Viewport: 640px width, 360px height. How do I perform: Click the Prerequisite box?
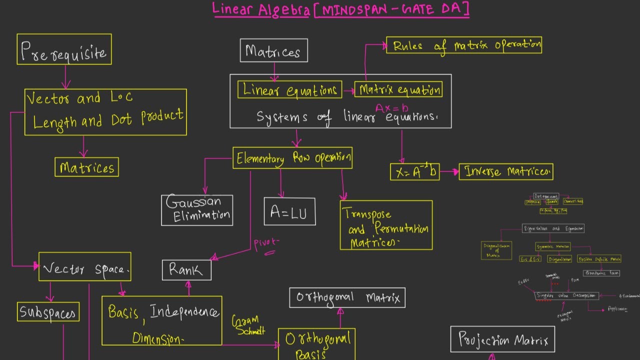64,49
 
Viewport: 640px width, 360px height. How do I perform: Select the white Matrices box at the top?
273,50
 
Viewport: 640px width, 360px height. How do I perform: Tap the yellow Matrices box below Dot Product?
86,167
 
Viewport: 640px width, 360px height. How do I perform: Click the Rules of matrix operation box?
464,45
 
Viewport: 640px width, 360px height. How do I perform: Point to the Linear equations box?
290,90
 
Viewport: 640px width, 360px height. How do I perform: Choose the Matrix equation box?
398,90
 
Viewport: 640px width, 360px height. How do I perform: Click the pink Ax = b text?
391,107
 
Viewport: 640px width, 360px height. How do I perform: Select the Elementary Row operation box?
292,158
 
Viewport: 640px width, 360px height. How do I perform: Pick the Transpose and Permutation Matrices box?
386,225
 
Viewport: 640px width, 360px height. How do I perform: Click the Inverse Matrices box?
505,171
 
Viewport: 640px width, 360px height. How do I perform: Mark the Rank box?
186,270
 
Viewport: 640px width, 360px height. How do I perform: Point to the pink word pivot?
266,244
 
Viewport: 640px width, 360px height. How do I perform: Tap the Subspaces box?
48,311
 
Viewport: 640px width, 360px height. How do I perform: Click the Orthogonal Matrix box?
347,297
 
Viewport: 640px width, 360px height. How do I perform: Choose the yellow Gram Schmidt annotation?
248,325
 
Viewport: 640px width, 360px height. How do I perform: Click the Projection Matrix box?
502,340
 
